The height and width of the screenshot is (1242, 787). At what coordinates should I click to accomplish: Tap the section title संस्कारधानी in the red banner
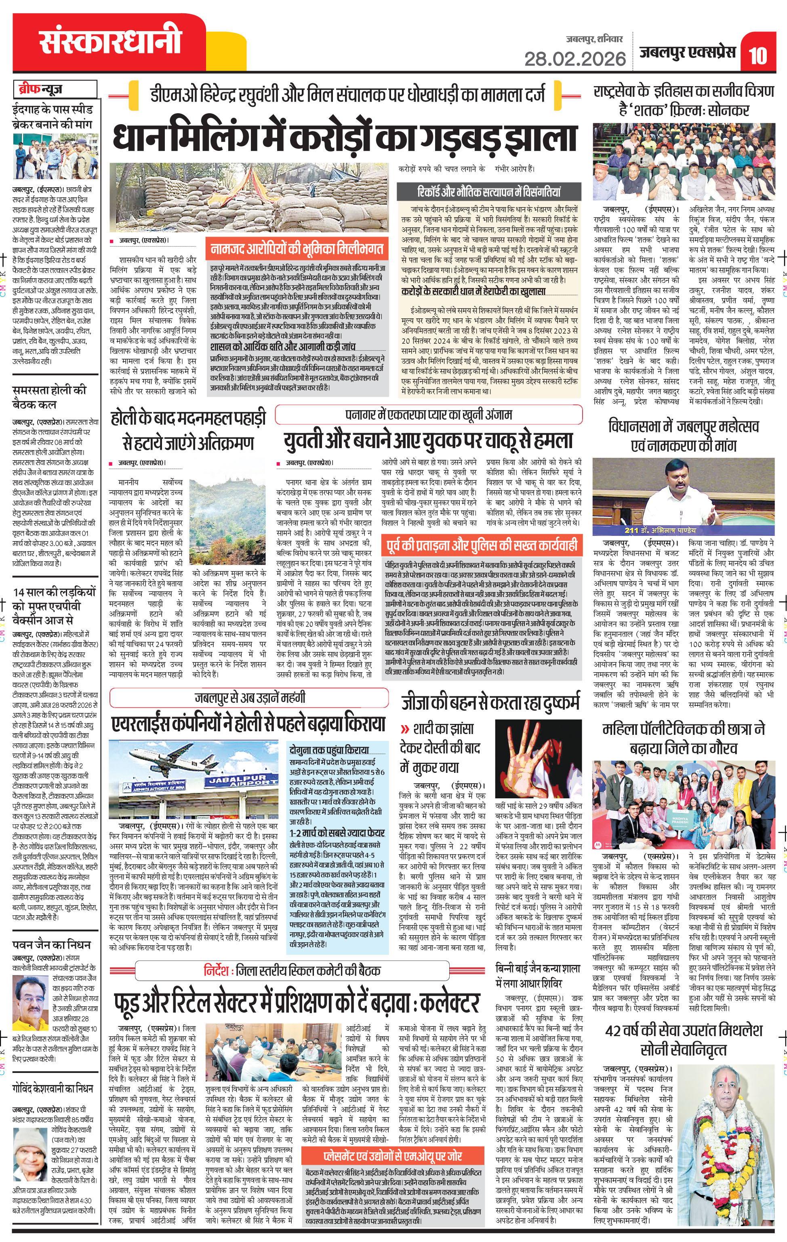pos(110,42)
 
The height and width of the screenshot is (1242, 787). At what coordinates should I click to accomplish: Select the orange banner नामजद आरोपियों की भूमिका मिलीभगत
pos(297,249)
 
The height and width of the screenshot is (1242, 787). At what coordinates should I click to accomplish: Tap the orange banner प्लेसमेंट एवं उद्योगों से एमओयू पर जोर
pos(393,1156)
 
